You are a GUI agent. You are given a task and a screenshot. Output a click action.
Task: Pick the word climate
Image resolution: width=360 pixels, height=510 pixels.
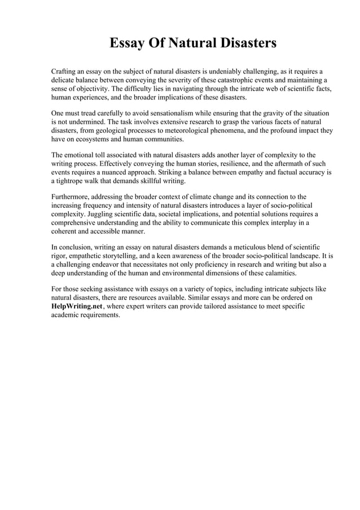click(x=207, y=197)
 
